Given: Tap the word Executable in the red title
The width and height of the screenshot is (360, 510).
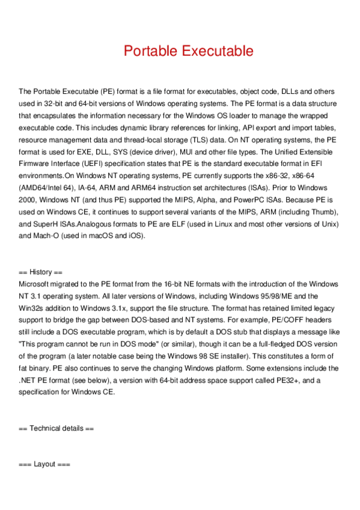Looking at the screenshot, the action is coord(216,51).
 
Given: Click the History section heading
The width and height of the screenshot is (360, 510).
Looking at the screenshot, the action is coord(45,272).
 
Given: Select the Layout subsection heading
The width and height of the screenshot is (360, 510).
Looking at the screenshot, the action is coord(45,464).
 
